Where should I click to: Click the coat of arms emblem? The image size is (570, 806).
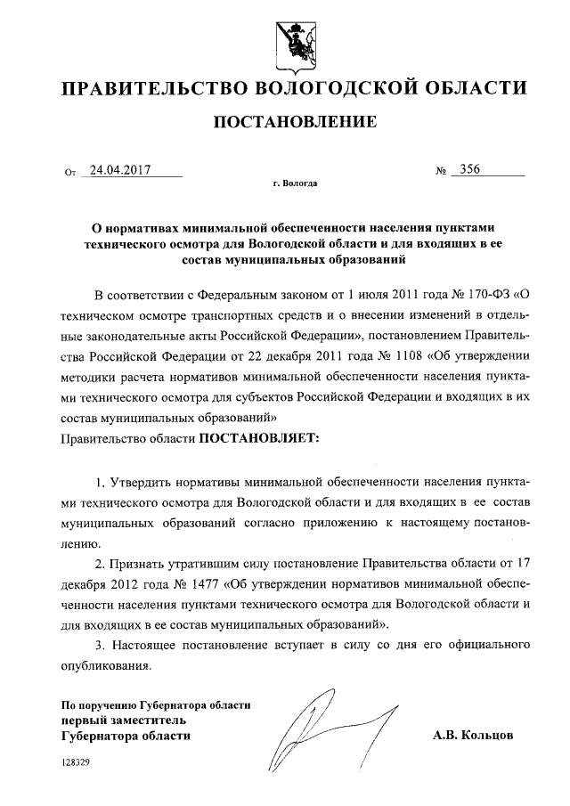tap(285, 40)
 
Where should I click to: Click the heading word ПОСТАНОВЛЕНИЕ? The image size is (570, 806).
tap(285, 121)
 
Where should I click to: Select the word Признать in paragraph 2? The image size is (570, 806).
tap(141, 565)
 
